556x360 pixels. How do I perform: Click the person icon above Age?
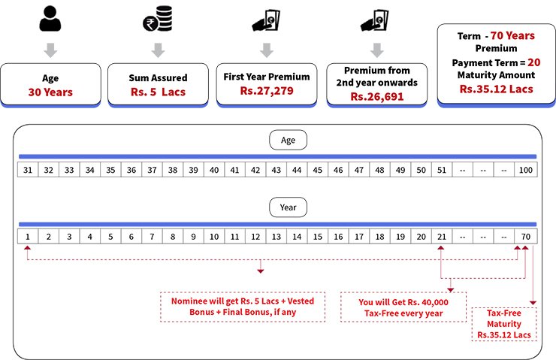pyautogui.click(x=50, y=19)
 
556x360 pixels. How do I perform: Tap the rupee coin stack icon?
pyautogui.click(x=158, y=19)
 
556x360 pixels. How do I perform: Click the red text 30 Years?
pyautogui.click(x=50, y=92)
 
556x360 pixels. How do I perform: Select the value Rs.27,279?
pyautogui.click(x=267, y=91)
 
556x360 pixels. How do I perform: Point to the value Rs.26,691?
pyautogui.click(x=377, y=96)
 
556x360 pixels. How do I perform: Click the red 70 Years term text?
pyautogui.click(x=512, y=35)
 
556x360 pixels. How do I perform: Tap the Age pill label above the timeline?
pyautogui.click(x=288, y=140)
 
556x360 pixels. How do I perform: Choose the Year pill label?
pyautogui.click(x=288, y=207)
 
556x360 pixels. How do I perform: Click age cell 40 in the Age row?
pyautogui.click(x=214, y=170)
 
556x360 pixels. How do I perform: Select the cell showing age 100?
pyautogui.click(x=526, y=170)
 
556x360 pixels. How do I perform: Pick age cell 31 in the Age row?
pyautogui.click(x=28, y=170)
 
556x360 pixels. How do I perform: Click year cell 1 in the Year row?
pyautogui.click(x=28, y=237)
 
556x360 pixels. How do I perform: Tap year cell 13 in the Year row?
pyautogui.click(x=276, y=237)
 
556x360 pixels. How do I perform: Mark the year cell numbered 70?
pyautogui.click(x=526, y=237)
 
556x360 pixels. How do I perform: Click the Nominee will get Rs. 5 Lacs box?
pyautogui.click(x=243, y=307)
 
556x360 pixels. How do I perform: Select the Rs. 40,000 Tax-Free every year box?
pyautogui.click(x=403, y=307)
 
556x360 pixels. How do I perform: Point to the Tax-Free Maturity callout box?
pyautogui.click(x=504, y=324)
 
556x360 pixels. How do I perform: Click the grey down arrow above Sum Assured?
pyautogui.click(x=158, y=50)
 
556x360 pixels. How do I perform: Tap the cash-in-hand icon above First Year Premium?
pyautogui.click(x=266, y=20)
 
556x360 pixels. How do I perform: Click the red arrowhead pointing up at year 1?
pyautogui.click(x=27, y=247)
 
